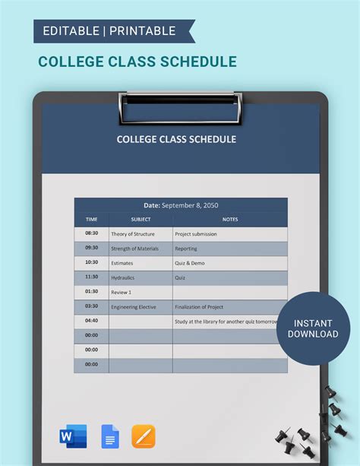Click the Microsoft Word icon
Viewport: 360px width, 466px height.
[x=73, y=436]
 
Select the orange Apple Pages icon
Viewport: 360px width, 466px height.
[x=144, y=436]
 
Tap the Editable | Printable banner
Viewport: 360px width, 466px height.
[x=109, y=31]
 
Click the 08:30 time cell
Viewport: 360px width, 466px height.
[x=91, y=233]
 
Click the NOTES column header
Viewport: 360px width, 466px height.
[x=230, y=220]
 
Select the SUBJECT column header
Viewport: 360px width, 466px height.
[x=141, y=220]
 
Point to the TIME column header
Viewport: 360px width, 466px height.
[x=91, y=220]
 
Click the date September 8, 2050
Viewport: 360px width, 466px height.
[x=181, y=204]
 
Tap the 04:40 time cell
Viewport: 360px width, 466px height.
[x=91, y=321]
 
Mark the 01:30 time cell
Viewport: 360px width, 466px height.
[x=91, y=292]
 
